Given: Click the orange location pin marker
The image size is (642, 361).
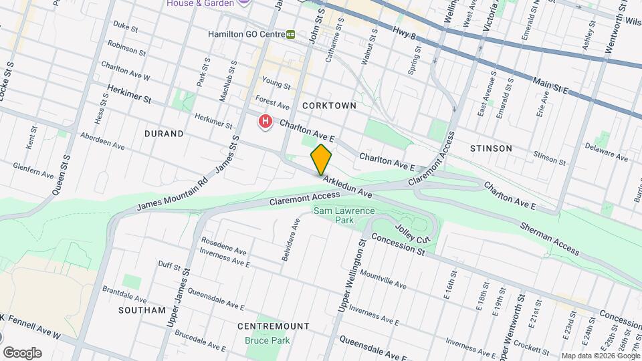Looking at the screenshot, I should pos(321,159).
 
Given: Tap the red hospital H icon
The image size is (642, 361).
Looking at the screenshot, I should pos(265,122).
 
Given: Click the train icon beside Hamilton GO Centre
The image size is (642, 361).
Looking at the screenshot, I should pos(291,34).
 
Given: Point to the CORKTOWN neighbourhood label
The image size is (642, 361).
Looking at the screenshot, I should pos(328,106).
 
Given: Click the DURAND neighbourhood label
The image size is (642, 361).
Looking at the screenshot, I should pos(164,134).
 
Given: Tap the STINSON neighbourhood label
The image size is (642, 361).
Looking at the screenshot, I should pos(491,148).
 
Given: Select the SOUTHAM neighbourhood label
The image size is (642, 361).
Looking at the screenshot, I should pos(141,310).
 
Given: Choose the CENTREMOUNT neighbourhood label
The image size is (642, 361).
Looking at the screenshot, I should pos(274,326).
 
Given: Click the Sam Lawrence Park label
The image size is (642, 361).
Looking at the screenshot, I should pos(344,216).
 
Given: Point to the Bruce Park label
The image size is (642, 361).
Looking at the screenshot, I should pos(267,340).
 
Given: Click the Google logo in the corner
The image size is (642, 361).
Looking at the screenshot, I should pos(22,352).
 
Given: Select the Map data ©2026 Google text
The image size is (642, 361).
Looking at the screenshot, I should pos(599,356).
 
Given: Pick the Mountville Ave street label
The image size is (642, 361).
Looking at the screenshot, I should pos(383,279).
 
